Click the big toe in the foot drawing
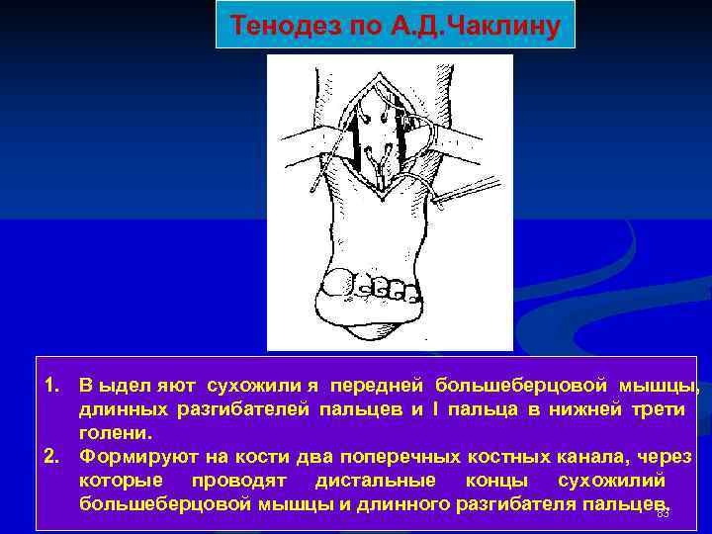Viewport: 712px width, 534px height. click(338, 282)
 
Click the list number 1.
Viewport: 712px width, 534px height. click(50, 385)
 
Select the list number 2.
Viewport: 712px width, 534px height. click(50, 458)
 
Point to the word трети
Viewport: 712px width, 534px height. click(660, 409)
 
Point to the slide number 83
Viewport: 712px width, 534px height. click(664, 512)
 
